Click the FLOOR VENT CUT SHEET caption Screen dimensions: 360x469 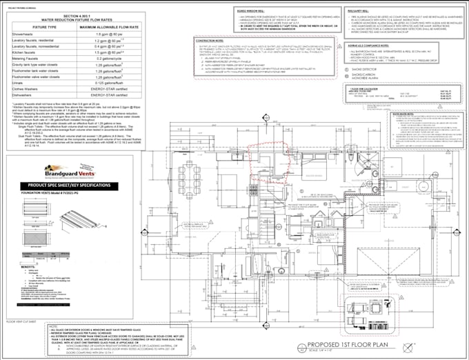[x=21, y=321]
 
